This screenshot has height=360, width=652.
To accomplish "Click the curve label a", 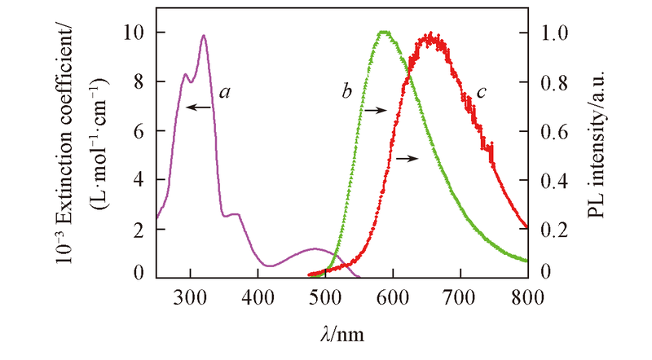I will [222, 93].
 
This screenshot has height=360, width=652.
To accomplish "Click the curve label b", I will [346, 93].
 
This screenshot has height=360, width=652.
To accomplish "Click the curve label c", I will [481, 92].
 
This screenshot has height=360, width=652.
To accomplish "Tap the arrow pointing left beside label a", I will [198, 106].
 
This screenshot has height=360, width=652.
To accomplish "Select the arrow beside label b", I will [375, 108].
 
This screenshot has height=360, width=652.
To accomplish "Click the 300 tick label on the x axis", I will [190, 297].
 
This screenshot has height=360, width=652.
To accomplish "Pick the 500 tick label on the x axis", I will [325, 297].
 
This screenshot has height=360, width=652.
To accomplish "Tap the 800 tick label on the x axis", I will [527, 297].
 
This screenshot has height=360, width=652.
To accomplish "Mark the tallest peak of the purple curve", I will [203, 35].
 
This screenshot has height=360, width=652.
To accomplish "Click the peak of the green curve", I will [384, 33].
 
